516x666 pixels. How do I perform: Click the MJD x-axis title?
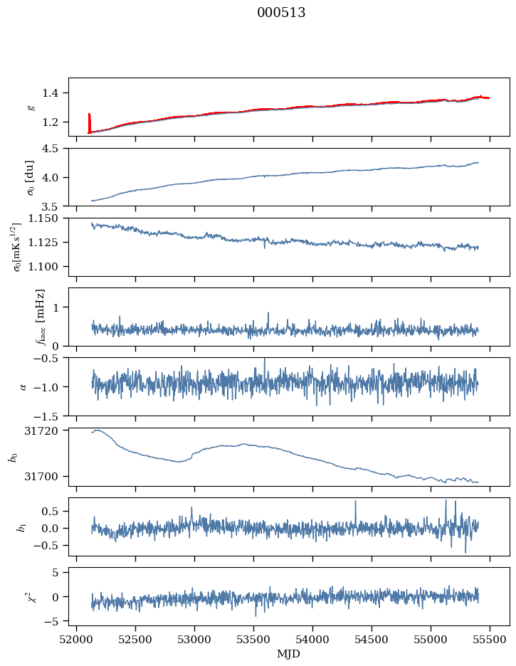point(289,653)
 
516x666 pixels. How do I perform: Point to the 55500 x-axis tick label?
point(490,640)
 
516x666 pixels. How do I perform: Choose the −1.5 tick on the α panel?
point(49,416)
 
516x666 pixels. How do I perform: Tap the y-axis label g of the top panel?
point(31,107)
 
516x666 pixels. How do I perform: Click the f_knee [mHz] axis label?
point(41,317)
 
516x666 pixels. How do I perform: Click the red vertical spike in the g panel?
point(89,122)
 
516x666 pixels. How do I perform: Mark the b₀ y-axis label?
point(13,456)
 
